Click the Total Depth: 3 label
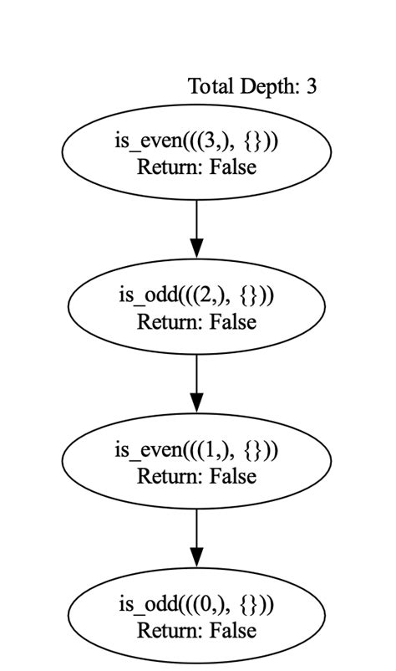pos(251,86)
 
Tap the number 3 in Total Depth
pos(311,86)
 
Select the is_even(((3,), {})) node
pos(196,152)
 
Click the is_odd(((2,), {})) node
pos(196,308)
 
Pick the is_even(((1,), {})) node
pos(196,463)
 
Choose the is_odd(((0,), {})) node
pos(196,617)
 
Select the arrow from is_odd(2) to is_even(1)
pos(196,381)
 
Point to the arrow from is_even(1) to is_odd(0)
pos(196,535)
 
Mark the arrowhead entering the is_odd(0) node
pos(196,557)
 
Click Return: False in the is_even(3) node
pos(196,166)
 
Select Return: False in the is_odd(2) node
pos(196,321)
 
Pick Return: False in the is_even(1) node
pos(196,476)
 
